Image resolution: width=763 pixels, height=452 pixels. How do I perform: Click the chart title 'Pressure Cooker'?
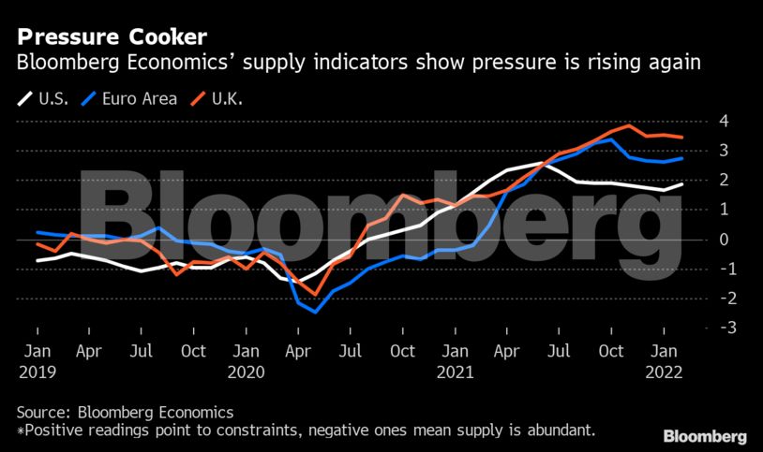tap(112, 37)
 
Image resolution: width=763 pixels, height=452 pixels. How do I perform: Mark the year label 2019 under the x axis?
tap(37, 370)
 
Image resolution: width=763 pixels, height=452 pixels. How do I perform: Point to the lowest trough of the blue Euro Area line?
tap(316, 312)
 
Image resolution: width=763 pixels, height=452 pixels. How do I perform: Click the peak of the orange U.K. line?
tap(629, 125)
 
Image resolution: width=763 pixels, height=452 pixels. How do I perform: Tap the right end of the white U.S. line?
tap(681, 183)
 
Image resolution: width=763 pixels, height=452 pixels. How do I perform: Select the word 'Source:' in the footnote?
tap(43, 412)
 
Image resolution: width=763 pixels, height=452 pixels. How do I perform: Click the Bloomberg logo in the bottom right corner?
tap(705, 436)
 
